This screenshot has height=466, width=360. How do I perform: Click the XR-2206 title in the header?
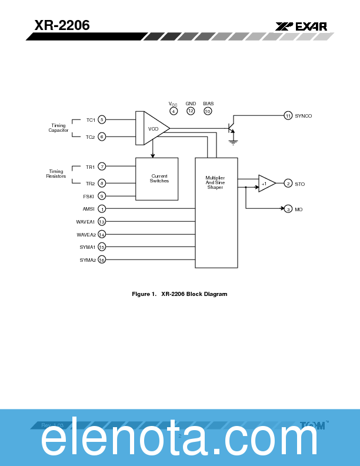tap(62, 25)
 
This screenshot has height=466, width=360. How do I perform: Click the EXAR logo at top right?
tap(301, 26)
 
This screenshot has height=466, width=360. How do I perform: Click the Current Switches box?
tap(157, 179)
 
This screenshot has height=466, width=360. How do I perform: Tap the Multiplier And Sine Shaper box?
tap(216, 212)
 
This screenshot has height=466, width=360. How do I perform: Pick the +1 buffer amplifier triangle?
tap(266, 184)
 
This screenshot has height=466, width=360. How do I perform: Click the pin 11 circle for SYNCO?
tap(288, 115)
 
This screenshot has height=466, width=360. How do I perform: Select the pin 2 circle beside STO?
tap(288, 184)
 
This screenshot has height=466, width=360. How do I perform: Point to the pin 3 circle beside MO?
tap(288, 209)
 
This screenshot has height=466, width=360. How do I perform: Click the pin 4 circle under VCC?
tap(174, 111)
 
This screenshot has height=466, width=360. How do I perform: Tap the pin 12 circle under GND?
tap(191, 111)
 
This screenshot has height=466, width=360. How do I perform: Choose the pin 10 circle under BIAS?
tap(208, 111)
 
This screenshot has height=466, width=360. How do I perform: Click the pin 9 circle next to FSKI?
tap(102, 196)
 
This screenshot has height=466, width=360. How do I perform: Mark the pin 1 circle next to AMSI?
tap(102, 209)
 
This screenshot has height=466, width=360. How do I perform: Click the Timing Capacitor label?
tap(58, 128)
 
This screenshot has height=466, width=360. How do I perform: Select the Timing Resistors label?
tap(56, 174)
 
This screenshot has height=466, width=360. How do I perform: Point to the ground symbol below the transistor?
tap(234, 141)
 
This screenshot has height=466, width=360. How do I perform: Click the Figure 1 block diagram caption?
tap(179, 294)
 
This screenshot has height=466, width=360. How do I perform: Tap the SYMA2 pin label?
tap(88, 260)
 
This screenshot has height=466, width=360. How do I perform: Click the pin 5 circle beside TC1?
tap(102, 120)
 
